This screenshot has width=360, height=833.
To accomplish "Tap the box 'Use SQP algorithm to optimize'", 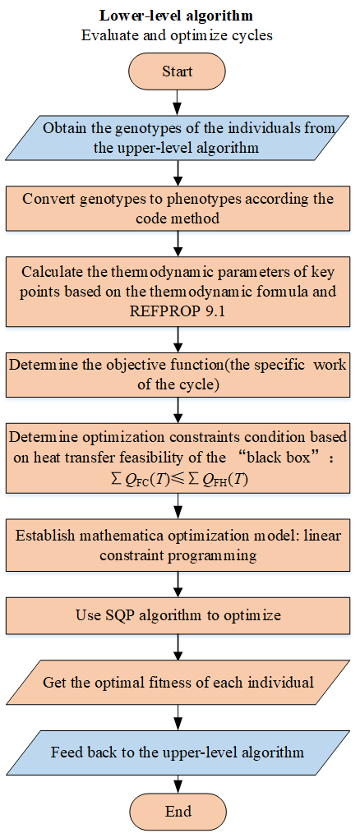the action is point(178,616).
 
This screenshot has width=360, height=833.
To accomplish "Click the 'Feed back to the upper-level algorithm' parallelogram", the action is point(178,752).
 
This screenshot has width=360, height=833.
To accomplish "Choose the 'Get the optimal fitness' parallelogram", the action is point(178,682).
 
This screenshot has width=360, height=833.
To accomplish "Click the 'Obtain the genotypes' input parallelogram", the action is point(178,137).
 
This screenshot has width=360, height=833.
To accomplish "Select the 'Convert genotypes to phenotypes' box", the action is point(178,209).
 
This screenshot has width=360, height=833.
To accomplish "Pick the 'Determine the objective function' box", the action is point(178,375).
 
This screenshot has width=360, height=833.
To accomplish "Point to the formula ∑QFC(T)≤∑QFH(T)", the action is point(178,481).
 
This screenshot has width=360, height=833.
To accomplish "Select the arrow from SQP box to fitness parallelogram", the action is point(178,649).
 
